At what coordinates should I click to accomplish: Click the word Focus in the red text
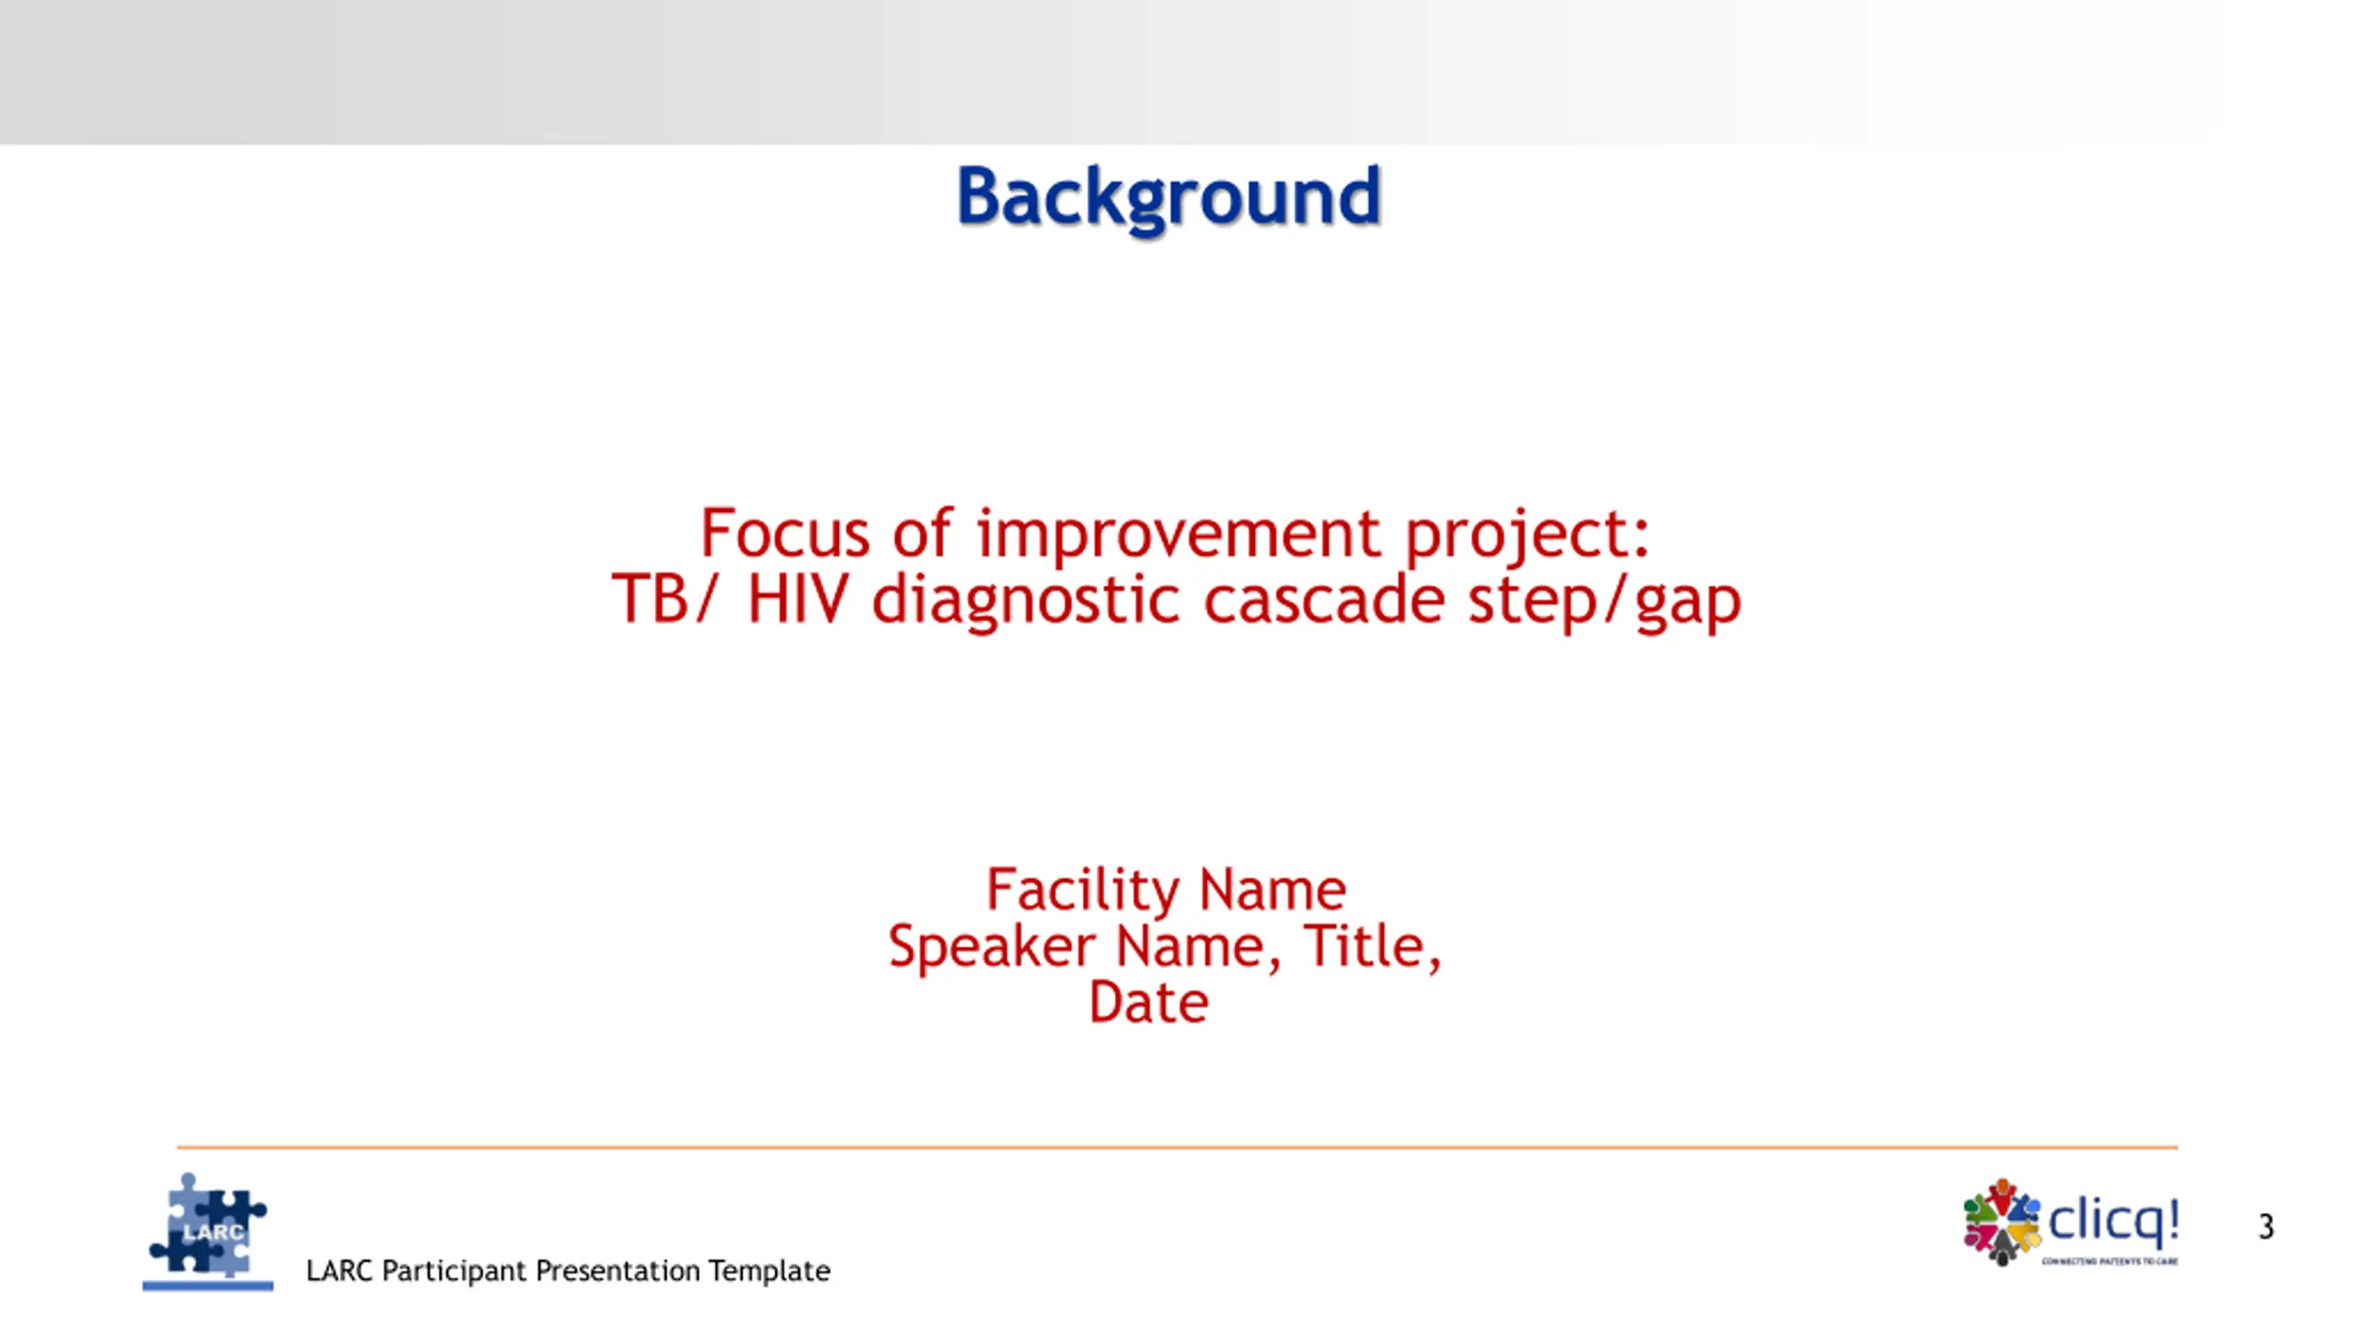[x=785, y=533]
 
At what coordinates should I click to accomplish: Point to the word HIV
[x=798, y=599]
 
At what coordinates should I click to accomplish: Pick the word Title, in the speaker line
[x=1373, y=947]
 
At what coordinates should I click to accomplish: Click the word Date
[x=1148, y=1002]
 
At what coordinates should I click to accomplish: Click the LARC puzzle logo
[x=208, y=1230]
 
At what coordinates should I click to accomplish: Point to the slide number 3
[x=2266, y=1227]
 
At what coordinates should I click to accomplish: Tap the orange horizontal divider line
[x=1177, y=1147]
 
